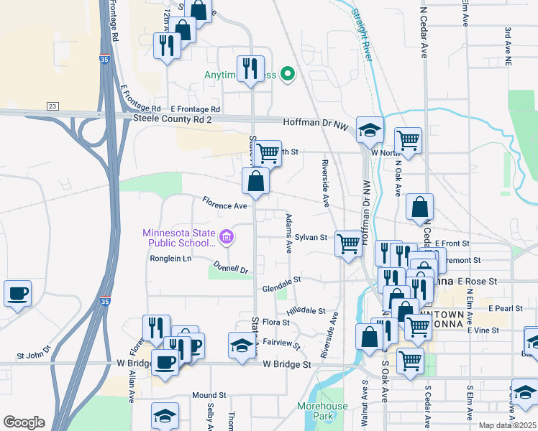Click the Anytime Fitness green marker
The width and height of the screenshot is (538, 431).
(288, 74)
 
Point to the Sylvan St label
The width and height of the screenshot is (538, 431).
(311, 237)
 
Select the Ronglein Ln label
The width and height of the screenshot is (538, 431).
(170, 259)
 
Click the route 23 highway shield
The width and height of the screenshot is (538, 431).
(53, 106)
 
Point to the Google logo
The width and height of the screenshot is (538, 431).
(24, 422)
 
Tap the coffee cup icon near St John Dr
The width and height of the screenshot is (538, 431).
(17, 293)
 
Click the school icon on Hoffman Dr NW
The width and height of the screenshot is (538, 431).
(370, 130)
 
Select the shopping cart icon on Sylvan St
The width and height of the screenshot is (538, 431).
(348, 244)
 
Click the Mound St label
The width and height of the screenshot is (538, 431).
(209, 396)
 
